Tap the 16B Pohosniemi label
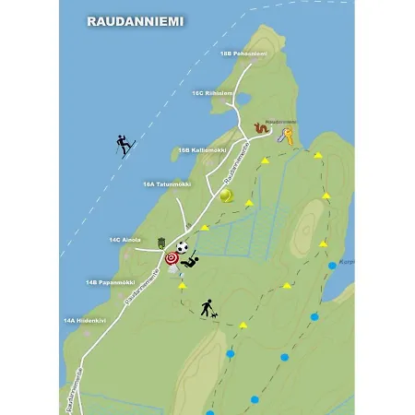(243, 53)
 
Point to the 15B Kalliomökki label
(202, 148)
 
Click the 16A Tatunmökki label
(167, 184)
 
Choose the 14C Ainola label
(125, 240)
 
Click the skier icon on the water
(125, 146)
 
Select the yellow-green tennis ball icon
(227, 196)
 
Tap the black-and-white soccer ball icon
(183, 247)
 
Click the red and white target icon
(172, 259)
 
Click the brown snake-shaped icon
(263, 129)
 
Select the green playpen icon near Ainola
(162, 243)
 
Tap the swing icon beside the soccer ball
(191, 262)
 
